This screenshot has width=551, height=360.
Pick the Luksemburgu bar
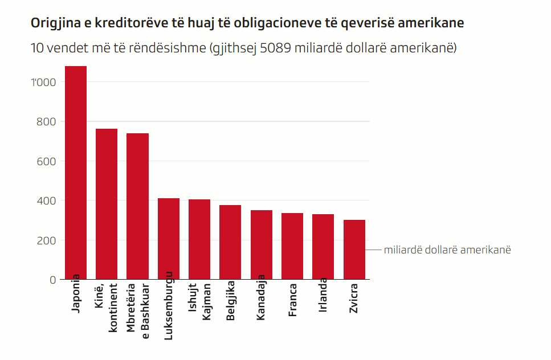(x=169, y=239)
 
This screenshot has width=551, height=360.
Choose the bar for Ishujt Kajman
(x=199, y=239)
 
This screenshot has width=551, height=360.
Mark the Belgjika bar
(x=230, y=242)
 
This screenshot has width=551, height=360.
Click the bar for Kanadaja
(x=262, y=245)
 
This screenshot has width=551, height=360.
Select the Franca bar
(x=292, y=246)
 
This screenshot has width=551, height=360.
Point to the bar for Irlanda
(x=323, y=247)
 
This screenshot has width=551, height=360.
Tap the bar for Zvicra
(x=354, y=249)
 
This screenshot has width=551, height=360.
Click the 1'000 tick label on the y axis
(x=44, y=82)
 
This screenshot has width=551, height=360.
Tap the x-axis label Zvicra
(x=354, y=297)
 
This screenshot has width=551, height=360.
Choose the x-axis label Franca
(x=292, y=300)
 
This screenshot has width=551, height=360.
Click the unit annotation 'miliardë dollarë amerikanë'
(x=447, y=250)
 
